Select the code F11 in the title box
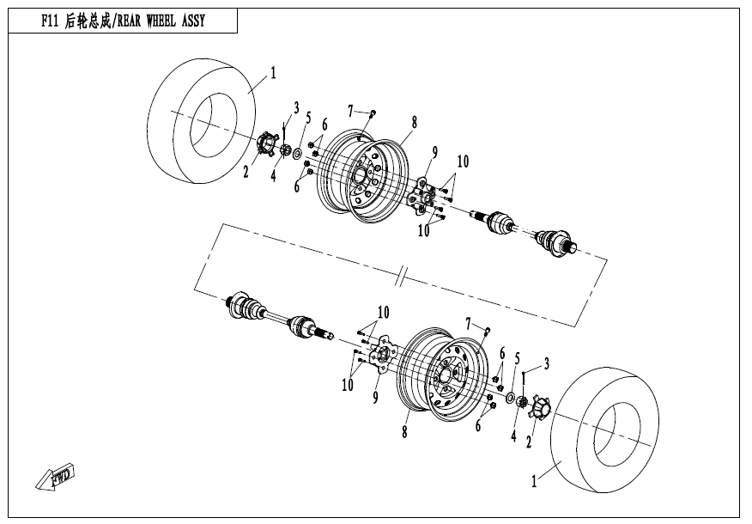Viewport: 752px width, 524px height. pos(49,21)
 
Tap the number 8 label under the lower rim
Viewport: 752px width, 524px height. pos(404,433)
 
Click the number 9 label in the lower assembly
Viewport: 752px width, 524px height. pos(375,397)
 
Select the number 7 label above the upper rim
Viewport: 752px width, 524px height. pos(350,110)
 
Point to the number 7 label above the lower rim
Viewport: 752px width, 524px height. pos(469,322)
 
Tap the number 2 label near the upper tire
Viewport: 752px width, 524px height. pos(245,173)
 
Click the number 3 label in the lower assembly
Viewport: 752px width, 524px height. pos(546,364)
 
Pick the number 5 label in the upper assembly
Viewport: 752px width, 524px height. pos(307,118)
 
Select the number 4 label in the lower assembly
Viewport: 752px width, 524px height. pos(512,436)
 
